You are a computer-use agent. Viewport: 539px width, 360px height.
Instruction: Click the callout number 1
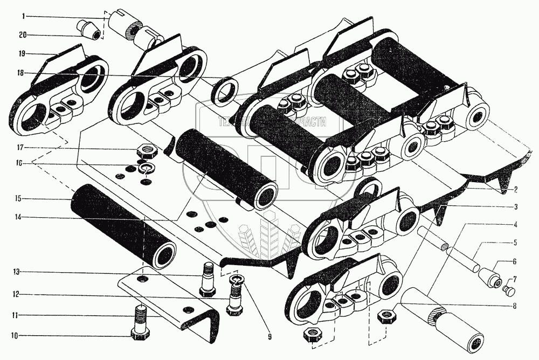click(x=24, y=17)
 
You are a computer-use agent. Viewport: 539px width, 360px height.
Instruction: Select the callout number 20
click(x=23, y=35)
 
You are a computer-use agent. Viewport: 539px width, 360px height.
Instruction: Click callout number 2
click(x=516, y=190)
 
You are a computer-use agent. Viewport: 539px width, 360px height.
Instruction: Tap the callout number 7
click(x=516, y=279)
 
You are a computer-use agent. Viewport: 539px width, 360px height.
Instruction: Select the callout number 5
click(x=516, y=243)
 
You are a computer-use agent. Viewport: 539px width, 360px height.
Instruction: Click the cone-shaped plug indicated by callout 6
click(x=490, y=275)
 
